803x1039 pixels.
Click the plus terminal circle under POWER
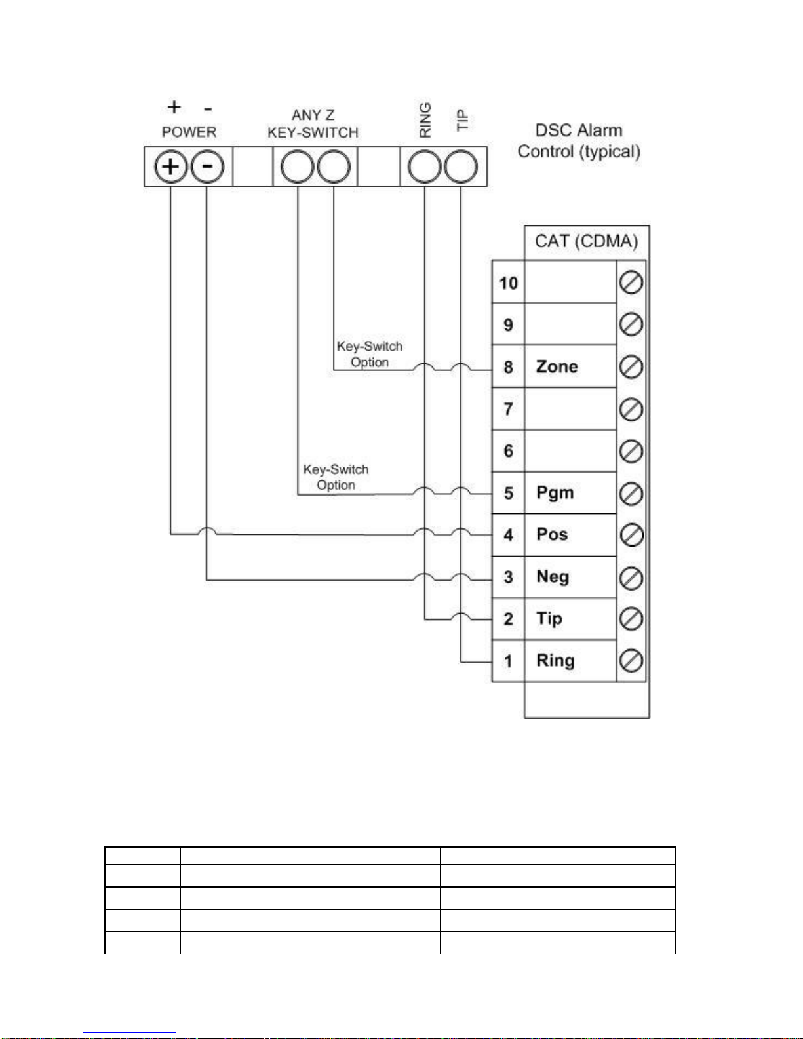pyautogui.click(x=170, y=167)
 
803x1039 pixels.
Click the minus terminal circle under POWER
pyautogui.click(x=207, y=167)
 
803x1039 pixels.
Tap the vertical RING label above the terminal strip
pyautogui.click(x=425, y=120)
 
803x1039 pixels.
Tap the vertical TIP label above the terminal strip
pyautogui.click(x=462, y=121)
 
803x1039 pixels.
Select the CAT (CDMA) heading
pyautogui.click(x=586, y=241)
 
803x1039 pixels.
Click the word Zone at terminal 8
pyautogui.click(x=557, y=366)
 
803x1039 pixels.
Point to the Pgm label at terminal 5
pyautogui.click(x=555, y=493)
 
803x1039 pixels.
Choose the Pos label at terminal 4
pyautogui.click(x=552, y=534)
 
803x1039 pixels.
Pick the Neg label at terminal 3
pyautogui.click(x=553, y=577)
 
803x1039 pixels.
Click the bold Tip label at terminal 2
pyautogui.click(x=549, y=619)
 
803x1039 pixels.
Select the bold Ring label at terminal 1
pyautogui.click(x=555, y=661)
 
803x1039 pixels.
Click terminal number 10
pyautogui.click(x=509, y=284)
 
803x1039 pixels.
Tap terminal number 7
pyautogui.click(x=509, y=409)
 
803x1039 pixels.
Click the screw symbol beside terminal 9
pyautogui.click(x=631, y=324)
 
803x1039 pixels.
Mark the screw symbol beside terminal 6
pyautogui.click(x=631, y=452)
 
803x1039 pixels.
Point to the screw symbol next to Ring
pyautogui.click(x=631, y=661)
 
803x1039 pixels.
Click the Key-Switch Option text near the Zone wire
pyautogui.click(x=370, y=354)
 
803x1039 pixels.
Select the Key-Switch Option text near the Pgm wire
pyautogui.click(x=336, y=477)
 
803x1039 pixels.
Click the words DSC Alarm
pyautogui.click(x=579, y=130)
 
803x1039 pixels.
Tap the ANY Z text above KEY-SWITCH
pyautogui.click(x=313, y=115)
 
